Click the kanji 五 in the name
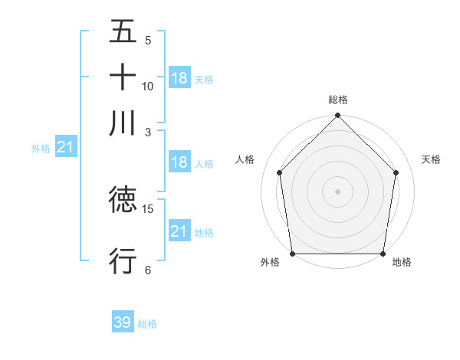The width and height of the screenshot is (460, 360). pos(123,31)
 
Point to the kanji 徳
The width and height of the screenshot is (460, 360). pos(123,200)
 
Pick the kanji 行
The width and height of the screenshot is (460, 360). pos(123,261)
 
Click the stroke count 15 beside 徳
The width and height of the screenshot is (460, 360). pos(148,208)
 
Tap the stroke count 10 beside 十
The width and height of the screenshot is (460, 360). pos(148,86)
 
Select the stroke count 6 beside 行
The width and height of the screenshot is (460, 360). pos(148,270)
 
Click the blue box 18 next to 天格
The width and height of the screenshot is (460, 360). pos(179,78)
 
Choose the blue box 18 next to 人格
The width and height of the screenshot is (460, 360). pos(179,162)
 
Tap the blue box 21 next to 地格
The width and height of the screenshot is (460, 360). pos(179,231)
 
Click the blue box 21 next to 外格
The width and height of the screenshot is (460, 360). pos(65,148)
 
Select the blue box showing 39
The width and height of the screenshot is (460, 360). pos(123,322)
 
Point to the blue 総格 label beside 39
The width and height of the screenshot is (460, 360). pos(147,324)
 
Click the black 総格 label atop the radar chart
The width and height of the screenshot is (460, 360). pos(338,100)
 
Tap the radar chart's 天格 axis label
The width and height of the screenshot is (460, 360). pos(431,159)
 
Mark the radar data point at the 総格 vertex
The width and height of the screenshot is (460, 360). pos(337,116)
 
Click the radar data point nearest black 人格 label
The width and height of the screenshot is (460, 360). pos(279,172)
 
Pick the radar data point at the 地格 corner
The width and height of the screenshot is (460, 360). pos(383,254)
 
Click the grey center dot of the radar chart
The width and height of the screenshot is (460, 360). pos(337,191)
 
